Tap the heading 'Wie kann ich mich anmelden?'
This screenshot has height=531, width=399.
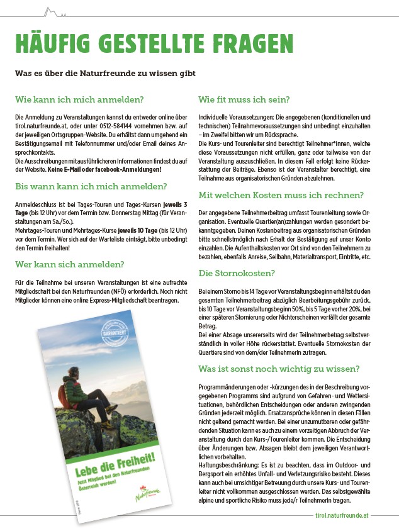click(x=79, y=99)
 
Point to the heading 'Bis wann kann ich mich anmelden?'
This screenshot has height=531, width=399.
click(x=91, y=186)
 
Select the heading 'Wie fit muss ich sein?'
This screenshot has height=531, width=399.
click(x=244, y=99)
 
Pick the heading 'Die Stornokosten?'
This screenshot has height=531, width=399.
click(x=236, y=273)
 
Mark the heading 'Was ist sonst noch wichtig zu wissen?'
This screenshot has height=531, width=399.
click(x=279, y=368)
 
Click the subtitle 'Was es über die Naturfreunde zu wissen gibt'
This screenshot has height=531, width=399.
click(x=105, y=73)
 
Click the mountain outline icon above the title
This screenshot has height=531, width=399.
click(x=53, y=11)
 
